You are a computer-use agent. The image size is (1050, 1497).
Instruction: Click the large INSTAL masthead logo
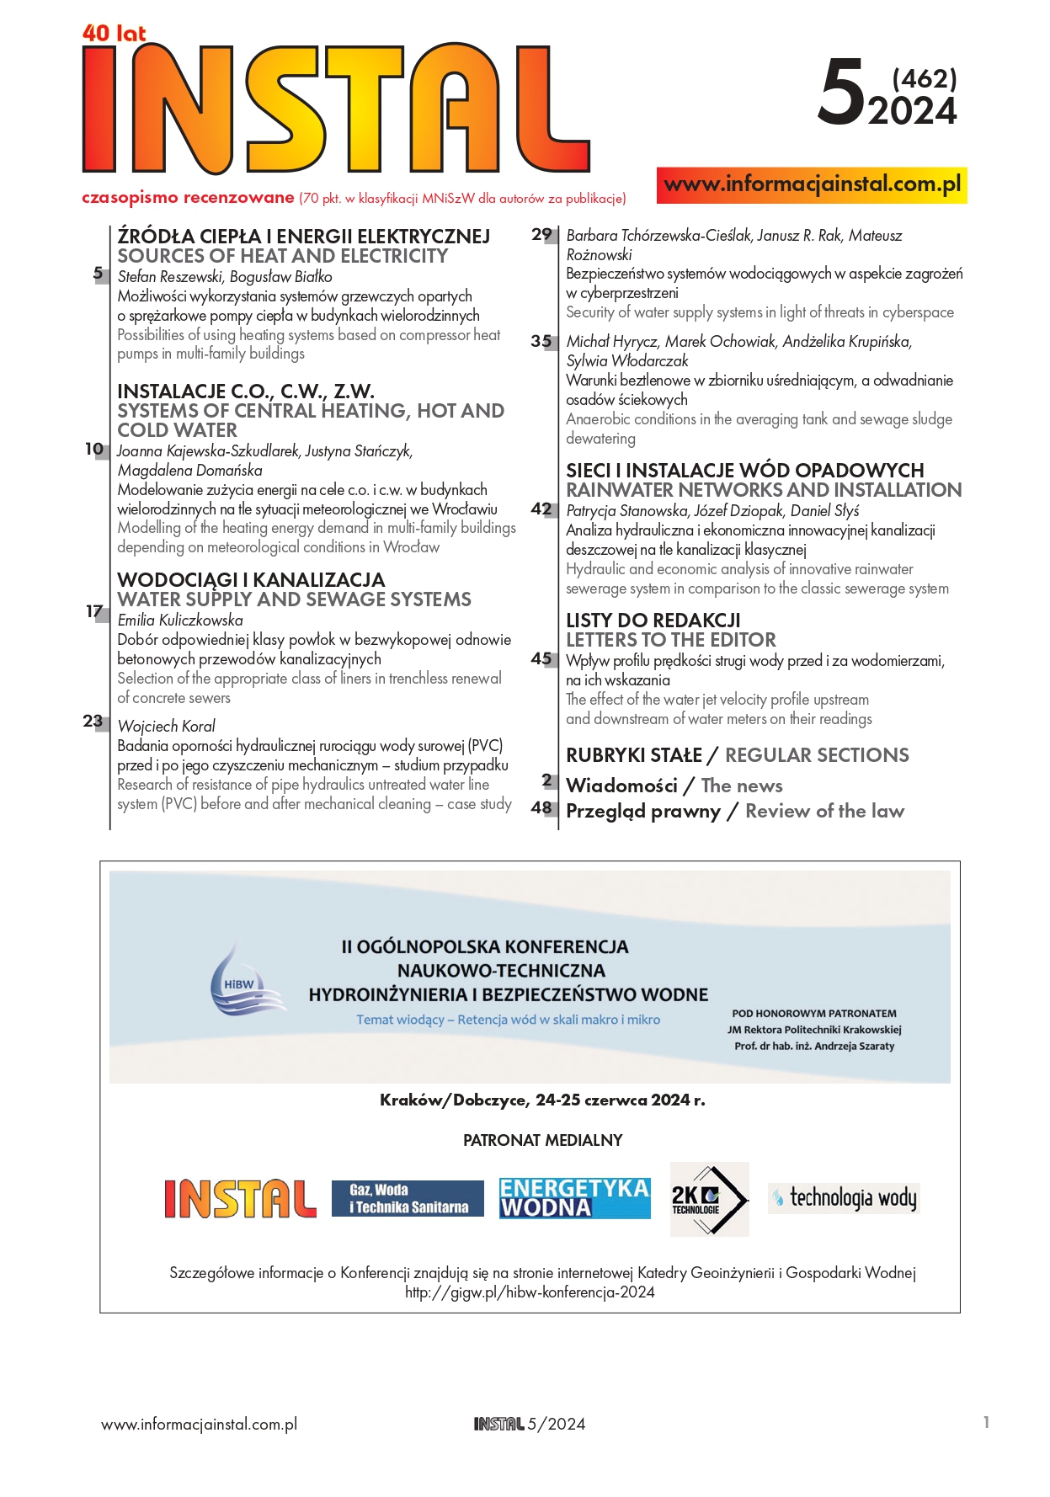tap(335, 108)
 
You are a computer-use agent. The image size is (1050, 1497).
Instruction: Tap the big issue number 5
tap(841, 93)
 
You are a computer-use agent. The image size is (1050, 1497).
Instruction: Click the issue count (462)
tap(924, 78)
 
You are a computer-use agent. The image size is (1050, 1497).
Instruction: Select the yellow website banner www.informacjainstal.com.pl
tap(812, 184)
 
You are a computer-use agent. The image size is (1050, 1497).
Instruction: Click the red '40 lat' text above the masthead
tap(114, 33)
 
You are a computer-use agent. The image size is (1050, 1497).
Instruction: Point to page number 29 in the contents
tap(541, 235)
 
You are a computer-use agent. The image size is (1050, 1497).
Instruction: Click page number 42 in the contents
tap(541, 509)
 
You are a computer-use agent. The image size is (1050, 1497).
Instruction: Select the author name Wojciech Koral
tap(166, 726)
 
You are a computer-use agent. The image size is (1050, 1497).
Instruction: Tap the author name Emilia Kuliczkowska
tap(180, 621)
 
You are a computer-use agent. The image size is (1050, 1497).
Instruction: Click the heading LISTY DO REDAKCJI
tap(653, 621)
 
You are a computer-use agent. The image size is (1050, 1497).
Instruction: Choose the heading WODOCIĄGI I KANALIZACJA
tap(251, 580)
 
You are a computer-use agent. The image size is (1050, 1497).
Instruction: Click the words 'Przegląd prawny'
tap(643, 811)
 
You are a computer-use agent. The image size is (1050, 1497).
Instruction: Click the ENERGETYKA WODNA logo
tap(574, 1198)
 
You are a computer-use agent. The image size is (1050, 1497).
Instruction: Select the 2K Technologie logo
tap(709, 1199)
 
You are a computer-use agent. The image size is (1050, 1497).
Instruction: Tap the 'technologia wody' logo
tap(844, 1197)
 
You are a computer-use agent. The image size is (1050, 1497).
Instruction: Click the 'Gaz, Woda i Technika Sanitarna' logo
tap(408, 1199)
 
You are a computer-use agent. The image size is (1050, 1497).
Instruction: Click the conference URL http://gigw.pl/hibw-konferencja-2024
tap(530, 1292)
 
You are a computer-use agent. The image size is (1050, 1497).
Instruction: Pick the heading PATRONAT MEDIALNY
tap(542, 1140)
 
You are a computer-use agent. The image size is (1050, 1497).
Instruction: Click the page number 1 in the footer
tap(986, 1422)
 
